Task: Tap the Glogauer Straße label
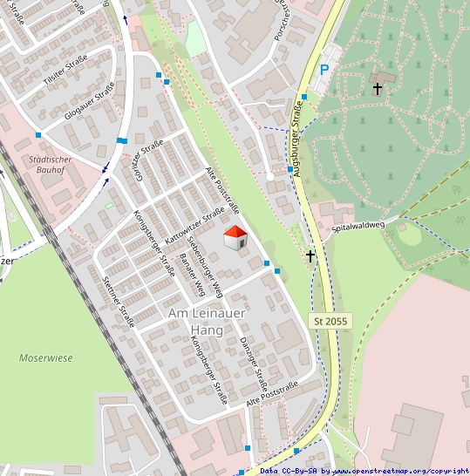[89, 100]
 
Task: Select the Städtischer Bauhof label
[55, 165]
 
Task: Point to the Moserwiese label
[46, 357]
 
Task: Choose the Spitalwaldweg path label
[358, 226]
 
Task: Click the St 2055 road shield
[330, 322]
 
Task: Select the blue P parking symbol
[324, 71]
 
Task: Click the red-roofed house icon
[235, 237]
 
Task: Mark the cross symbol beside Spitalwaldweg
[310, 255]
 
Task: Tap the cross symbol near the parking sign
[378, 88]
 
